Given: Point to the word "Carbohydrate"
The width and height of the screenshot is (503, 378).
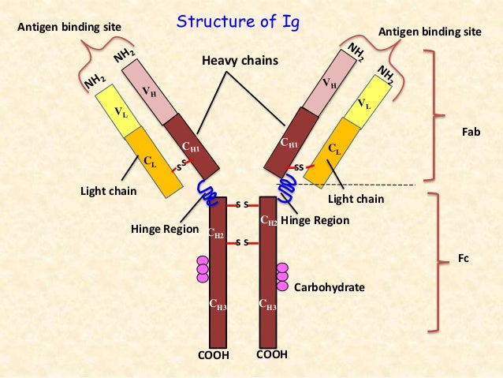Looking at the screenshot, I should (x=329, y=288).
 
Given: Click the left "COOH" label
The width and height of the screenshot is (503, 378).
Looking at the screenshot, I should (x=213, y=355).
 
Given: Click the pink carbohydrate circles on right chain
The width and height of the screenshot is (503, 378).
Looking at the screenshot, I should (x=281, y=276).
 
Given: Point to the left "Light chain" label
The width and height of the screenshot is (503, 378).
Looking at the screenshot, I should (x=109, y=191).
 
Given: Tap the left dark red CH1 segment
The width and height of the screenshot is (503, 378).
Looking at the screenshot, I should (x=189, y=146).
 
